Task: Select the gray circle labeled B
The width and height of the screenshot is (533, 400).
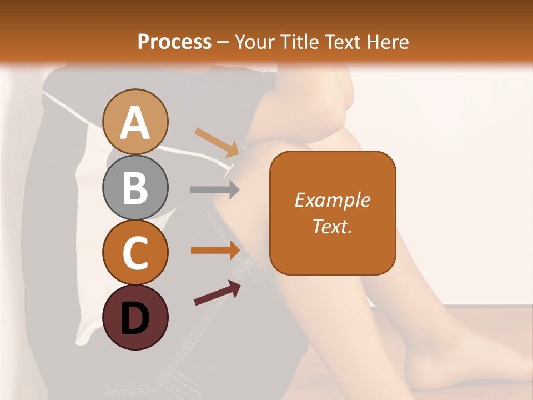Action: pyautogui.click(x=135, y=188)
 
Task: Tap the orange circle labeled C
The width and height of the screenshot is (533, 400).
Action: pyautogui.click(x=135, y=253)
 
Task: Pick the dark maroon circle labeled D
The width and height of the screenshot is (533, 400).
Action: pyautogui.click(x=135, y=317)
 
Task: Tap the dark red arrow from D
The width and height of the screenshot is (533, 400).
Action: pyautogui.click(x=217, y=293)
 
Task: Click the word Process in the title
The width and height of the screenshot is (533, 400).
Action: pyautogui.click(x=174, y=42)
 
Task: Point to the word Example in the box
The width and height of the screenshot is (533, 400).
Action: pyautogui.click(x=332, y=200)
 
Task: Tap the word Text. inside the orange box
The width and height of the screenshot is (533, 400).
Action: pyautogui.click(x=332, y=226)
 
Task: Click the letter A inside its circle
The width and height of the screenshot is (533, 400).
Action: pyautogui.click(x=135, y=123)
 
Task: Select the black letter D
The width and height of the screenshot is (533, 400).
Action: pyautogui.click(x=135, y=318)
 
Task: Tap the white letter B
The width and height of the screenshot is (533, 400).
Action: pyautogui.click(x=135, y=188)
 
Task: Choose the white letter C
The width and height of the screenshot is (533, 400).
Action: pyautogui.click(x=135, y=253)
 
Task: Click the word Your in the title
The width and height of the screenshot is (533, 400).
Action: pyautogui.click(x=254, y=42)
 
